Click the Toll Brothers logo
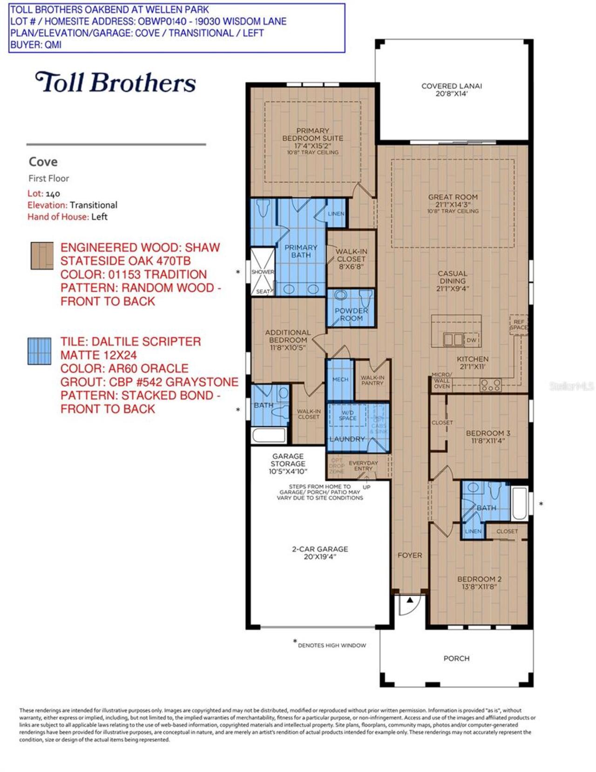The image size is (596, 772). point(115,82)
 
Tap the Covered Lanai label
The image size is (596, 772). point(451,89)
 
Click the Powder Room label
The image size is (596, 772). point(351,314)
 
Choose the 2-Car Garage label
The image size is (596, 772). point(320,553)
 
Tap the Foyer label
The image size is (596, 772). point(410,555)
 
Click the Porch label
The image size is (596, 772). point(456,658)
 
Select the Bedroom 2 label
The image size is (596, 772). point(479,582)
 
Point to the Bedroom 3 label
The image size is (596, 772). point(488,437)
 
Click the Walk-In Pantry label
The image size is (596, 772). point(372,380)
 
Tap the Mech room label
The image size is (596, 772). point(340,380)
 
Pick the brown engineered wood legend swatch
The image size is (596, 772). point(42,256)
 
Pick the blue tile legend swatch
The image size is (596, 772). point(40,351)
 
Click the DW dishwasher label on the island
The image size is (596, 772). point(472,340)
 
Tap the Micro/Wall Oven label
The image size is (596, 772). point(441,381)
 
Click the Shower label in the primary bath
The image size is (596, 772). point(263,272)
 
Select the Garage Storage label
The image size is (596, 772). point(288,464)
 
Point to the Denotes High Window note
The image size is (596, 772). point(332,645)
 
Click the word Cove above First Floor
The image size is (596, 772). point(43,162)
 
